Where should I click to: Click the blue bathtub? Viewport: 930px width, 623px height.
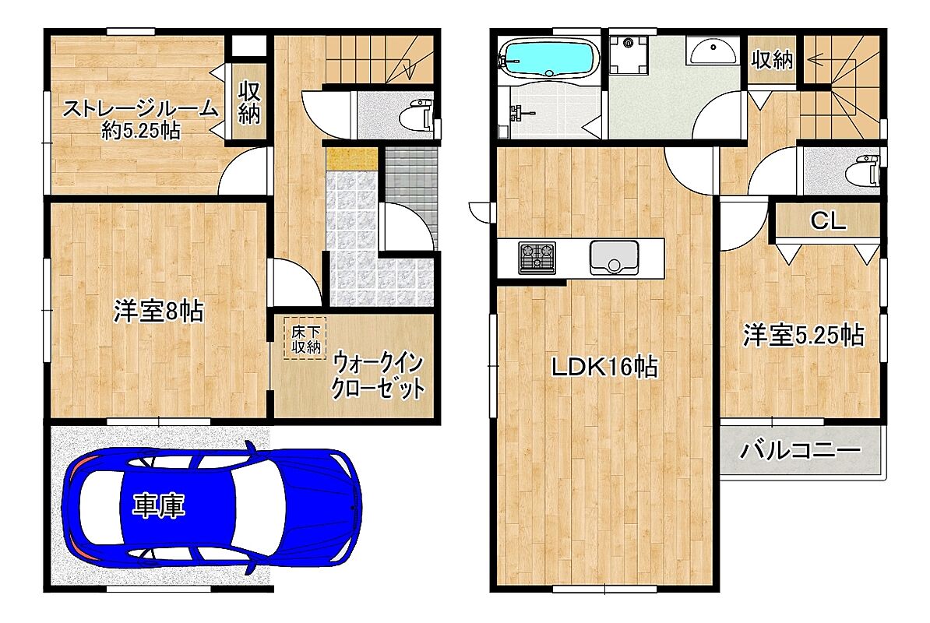pos(549,58)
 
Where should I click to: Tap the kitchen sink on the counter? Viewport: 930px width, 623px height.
pos(614,258)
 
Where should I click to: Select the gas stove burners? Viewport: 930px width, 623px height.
pos(537,258)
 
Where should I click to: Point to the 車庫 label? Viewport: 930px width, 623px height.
pos(158,506)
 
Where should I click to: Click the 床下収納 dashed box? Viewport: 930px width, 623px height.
pos(305,339)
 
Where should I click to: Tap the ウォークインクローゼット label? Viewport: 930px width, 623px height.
pos(378,376)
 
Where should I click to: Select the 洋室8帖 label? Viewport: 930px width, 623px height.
pos(158,311)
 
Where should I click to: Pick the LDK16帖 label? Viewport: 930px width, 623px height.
pos(604,368)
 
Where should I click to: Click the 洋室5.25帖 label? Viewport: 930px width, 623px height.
pos(804,336)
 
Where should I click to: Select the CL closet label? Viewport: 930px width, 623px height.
pos(827,222)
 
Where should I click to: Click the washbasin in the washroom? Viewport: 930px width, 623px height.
pos(713,51)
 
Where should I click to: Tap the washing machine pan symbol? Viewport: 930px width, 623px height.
pos(629,55)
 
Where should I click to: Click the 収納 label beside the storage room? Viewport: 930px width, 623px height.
pos(249,103)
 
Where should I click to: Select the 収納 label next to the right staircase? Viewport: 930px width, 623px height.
pos(772,59)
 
